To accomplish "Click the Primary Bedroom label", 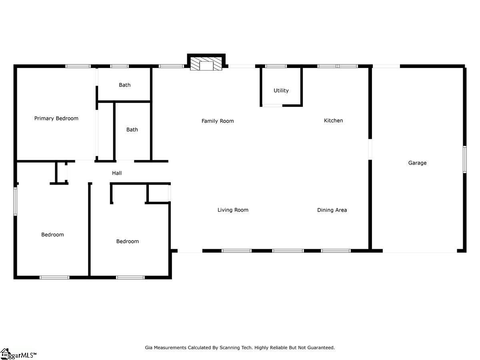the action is (56, 118).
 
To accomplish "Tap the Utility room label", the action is (281, 90).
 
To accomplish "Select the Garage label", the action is (417, 163).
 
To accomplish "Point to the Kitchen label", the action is (333, 120).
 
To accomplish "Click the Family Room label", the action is (218, 121).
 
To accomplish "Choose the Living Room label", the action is (233, 210).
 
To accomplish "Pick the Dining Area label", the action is (332, 210).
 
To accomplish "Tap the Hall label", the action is (117, 173).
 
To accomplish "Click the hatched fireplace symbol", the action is (206, 64).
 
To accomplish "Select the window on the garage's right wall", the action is (464, 160).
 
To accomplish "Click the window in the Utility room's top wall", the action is (276, 66).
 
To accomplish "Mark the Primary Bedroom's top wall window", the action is (78, 66).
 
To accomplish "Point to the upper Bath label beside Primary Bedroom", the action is (125, 85).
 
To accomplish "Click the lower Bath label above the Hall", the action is (132, 130).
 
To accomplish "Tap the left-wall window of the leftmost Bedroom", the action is (15, 201).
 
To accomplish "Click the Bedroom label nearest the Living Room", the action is (128, 241).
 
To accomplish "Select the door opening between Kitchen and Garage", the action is (370, 149).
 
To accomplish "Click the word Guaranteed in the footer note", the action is (321, 348).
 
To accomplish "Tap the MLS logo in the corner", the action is (18, 354).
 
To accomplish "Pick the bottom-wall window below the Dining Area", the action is (336, 251).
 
